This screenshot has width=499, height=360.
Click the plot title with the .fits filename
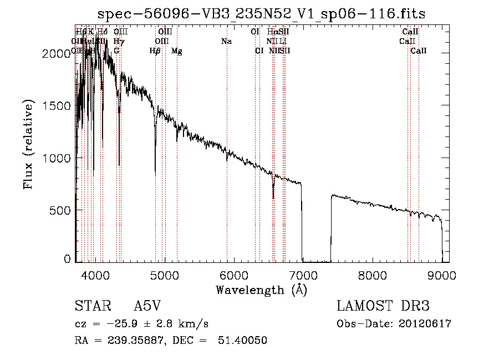tap(262, 14)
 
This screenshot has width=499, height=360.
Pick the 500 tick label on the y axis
tap(60, 210)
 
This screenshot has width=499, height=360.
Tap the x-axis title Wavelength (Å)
tap(261, 290)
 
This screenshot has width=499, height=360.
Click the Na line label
tap(226, 41)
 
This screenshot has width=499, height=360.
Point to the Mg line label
tap(177, 51)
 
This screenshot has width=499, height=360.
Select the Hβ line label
tap(155, 51)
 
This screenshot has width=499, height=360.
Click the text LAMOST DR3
tap(383, 306)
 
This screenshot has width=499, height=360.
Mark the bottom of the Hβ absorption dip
tap(155, 175)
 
